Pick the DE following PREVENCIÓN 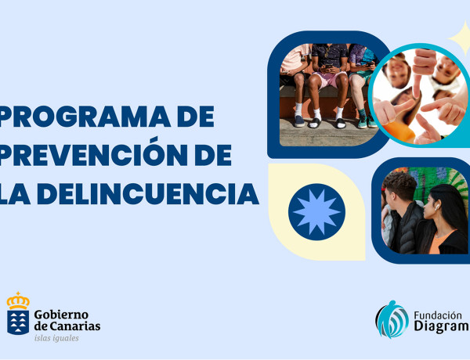pyautogui.click(x=209, y=154)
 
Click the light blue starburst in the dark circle pyautogui.click(x=316, y=211)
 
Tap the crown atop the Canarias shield pyautogui.click(x=18, y=301)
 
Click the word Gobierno pyautogui.click(x=62, y=314)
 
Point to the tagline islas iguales pyautogui.click(x=56, y=339)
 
